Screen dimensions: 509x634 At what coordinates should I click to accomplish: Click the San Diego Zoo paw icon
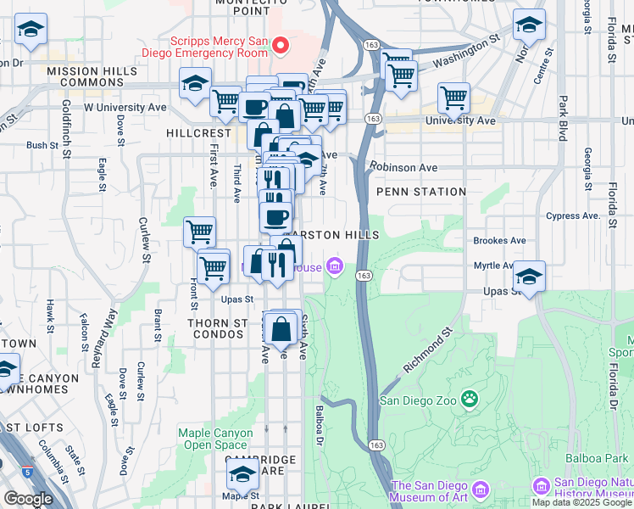[x=470, y=399]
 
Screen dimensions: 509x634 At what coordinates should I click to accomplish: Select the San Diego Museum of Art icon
[x=481, y=489]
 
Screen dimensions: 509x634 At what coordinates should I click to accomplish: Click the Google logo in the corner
[x=28, y=499]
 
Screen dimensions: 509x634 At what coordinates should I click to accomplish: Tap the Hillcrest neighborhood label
[x=199, y=133]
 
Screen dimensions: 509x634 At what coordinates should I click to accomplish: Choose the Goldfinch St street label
[x=65, y=118]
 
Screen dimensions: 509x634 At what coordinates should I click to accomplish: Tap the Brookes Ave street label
[x=500, y=240]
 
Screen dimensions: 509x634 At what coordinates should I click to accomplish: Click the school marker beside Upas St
[x=529, y=277]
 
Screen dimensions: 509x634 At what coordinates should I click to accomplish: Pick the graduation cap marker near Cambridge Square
[x=242, y=473]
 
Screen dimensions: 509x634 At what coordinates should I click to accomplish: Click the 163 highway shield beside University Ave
[x=373, y=117]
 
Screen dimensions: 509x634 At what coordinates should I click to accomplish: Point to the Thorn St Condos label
[x=217, y=330]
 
